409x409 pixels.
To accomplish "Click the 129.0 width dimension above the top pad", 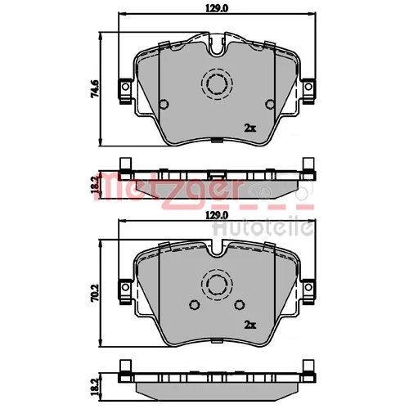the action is pyautogui.click(x=217, y=8).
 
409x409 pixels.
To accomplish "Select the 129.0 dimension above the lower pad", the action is pyautogui.click(x=217, y=215).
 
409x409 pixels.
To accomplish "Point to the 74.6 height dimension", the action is pyautogui.click(x=95, y=88).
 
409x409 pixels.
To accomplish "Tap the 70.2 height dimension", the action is pyautogui.click(x=95, y=294).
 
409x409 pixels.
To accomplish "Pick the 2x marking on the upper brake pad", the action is pyautogui.click(x=250, y=128).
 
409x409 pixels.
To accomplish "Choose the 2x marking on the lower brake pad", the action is pyautogui.click(x=250, y=325).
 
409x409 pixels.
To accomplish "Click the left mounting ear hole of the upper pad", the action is pyautogui.click(x=125, y=87).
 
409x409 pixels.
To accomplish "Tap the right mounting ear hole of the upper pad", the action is pyautogui.click(x=308, y=87).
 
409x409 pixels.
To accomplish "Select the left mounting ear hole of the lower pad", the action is pyautogui.click(x=125, y=287).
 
